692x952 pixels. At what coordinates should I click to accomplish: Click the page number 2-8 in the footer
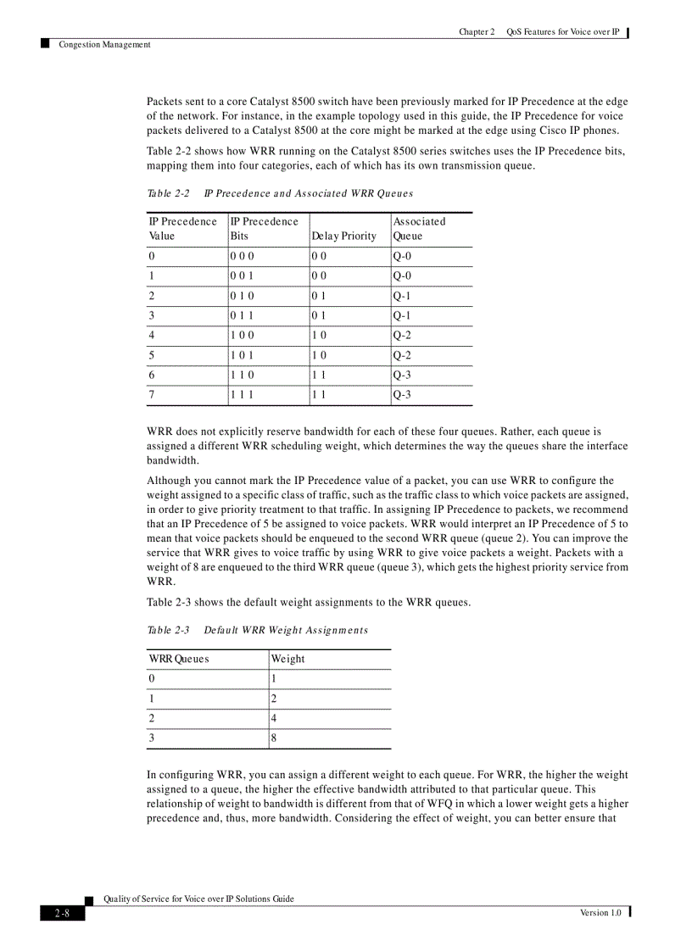coord(62,913)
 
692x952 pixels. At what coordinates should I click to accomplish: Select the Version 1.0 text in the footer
coord(600,912)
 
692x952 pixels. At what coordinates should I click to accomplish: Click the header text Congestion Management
coord(104,45)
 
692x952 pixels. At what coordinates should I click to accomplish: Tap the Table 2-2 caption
coord(280,193)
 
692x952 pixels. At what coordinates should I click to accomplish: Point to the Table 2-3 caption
coord(258,630)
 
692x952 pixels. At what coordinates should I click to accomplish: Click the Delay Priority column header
coord(343,236)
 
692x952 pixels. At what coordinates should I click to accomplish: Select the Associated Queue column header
coord(419,229)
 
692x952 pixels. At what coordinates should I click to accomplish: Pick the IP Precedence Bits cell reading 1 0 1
coord(242,355)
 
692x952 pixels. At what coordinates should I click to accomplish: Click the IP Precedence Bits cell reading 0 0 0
coord(242,256)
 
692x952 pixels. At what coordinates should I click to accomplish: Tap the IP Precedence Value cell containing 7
coord(152,395)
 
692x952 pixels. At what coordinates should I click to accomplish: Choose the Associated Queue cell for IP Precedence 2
coord(402,296)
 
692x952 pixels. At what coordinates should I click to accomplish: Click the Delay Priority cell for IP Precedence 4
coord(319,336)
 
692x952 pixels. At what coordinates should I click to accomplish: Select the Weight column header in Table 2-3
coord(287,659)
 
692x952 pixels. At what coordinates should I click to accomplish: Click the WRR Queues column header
coord(179,659)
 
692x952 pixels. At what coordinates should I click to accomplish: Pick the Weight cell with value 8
coord(274,738)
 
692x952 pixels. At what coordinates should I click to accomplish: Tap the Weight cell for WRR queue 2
coord(274,719)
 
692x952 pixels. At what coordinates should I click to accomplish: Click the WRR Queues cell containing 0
coord(152,679)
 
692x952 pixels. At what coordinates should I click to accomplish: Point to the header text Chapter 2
coord(477,31)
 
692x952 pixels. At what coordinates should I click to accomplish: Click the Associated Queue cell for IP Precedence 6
coord(402,375)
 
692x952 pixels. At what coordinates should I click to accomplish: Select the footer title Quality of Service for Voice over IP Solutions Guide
coord(198,899)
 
